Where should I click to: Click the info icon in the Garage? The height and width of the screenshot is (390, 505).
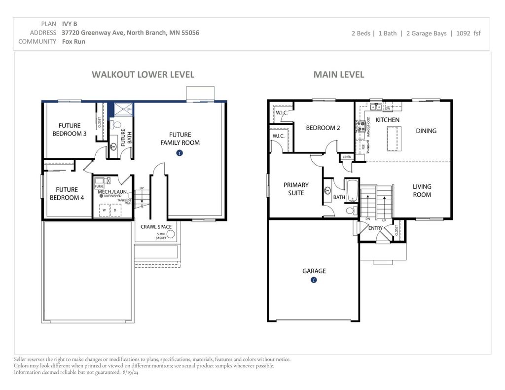coord(314,280)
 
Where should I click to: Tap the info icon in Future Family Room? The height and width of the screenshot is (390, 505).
coord(180,153)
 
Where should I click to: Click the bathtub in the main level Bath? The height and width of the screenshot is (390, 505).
coord(352,192)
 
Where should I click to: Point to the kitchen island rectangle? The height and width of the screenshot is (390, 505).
coord(394,135)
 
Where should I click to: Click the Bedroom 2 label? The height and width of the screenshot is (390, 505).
coord(323,128)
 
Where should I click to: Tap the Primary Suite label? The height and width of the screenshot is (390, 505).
coord(296,189)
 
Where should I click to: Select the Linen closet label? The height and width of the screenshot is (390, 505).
coord(347,157)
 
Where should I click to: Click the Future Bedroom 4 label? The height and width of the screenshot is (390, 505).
coord(67,193)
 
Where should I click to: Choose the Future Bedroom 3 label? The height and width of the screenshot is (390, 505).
coord(70,130)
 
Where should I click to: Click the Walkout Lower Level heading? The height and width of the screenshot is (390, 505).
coord(143,75)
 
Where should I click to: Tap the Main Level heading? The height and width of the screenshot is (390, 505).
coord(339,75)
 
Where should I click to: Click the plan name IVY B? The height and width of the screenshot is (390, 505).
coord(70,23)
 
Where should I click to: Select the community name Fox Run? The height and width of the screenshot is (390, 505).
coord(73,41)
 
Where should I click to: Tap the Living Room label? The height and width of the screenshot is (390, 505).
coord(422,190)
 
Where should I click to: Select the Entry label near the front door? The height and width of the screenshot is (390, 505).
coord(375,228)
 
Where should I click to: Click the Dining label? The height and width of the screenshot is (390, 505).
coord(426,131)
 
